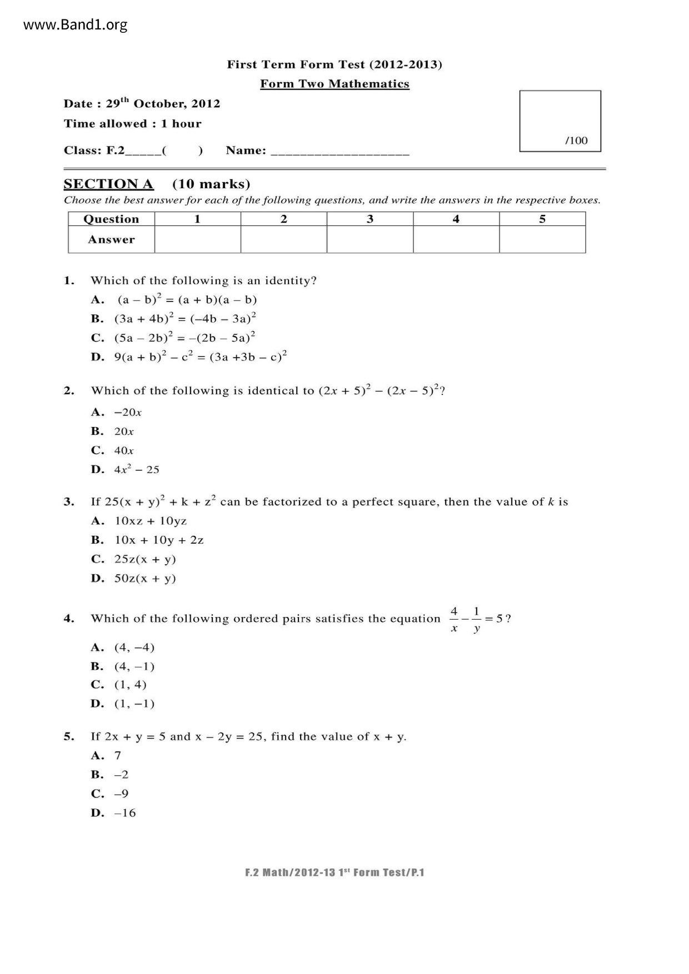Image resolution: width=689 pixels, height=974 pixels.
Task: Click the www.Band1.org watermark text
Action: tap(76, 25)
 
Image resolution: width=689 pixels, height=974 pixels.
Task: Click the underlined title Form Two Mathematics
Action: tap(334, 84)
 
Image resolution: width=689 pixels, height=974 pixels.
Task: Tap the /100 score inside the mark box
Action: tap(576, 140)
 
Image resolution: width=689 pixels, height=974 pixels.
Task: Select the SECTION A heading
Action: tap(108, 184)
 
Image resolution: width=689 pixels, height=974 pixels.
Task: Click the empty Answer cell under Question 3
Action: tap(370, 239)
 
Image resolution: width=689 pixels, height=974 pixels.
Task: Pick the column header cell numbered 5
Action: tap(542, 219)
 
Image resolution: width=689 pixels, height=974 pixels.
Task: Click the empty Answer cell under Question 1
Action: tap(197, 239)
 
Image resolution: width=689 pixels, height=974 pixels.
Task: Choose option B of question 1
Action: tap(173, 319)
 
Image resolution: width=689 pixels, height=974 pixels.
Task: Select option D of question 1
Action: tap(189, 357)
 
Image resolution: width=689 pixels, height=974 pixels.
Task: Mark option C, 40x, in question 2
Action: tap(113, 450)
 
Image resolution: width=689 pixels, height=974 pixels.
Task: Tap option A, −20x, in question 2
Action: tap(117, 412)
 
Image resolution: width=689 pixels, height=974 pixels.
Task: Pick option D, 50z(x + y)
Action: tap(133, 578)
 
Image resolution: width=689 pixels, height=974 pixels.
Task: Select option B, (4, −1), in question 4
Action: tap(123, 666)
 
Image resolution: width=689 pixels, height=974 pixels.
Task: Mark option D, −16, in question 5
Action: tap(114, 813)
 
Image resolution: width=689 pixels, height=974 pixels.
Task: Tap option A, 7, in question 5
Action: tap(106, 755)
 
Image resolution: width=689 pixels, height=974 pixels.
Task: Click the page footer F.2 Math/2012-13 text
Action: tap(334, 872)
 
